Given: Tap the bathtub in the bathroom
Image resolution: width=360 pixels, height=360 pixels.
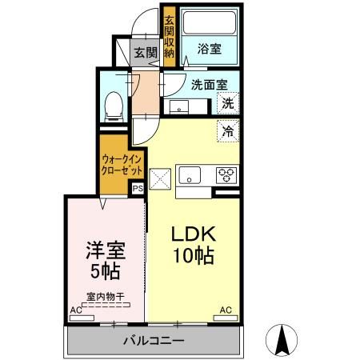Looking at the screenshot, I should pos(211,22).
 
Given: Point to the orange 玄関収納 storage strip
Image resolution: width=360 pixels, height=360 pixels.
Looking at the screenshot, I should pos(169,35).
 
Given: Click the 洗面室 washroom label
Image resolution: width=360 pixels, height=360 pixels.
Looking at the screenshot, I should pos(209,83).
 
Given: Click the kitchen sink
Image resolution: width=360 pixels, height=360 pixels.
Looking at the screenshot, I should pos(190,174).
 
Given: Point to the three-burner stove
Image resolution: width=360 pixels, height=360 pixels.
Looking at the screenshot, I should pos(226,174).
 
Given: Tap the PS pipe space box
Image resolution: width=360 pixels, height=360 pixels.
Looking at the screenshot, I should pos(137,190).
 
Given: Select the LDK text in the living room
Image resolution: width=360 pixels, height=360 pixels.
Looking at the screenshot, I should pos(193,235).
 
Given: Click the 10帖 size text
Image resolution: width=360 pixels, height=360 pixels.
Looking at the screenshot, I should pos(193,257).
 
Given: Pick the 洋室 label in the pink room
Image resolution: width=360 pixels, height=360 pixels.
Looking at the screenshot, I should pos(102,249).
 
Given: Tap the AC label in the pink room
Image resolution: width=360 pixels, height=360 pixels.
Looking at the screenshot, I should pos(75,309).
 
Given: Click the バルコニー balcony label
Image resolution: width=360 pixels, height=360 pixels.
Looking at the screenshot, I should pos(154,341).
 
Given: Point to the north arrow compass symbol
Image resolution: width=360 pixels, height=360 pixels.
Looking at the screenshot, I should pos(282,340).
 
